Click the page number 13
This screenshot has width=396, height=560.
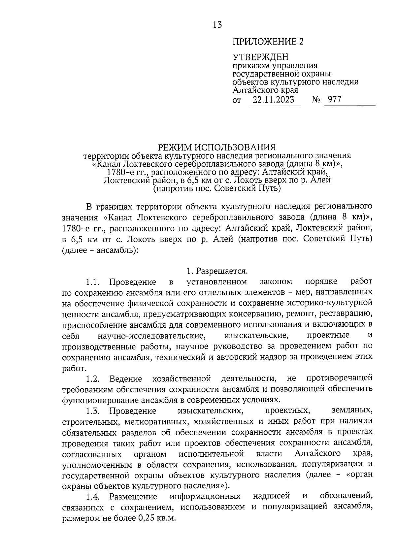coord(217,25)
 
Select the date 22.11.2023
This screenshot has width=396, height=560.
coord(274,100)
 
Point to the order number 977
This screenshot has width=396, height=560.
coord(335,100)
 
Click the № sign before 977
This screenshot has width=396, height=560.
coord(316,100)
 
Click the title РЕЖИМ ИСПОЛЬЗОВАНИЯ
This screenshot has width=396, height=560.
coord(217,147)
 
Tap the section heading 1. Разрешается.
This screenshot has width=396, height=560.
coord(217,271)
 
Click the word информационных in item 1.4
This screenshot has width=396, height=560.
coord(205,496)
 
